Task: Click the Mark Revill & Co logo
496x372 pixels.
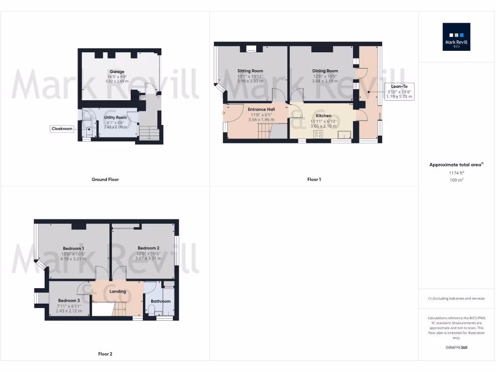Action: [456, 37]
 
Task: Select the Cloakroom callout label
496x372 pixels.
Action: [62, 129]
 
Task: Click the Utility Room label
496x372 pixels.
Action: [115, 118]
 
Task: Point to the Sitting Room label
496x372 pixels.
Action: [250, 71]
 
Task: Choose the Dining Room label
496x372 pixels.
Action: [325, 71]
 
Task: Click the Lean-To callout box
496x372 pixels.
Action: [399, 92]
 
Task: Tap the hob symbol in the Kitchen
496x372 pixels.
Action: [319, 134]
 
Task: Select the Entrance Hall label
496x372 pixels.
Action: [261, 109]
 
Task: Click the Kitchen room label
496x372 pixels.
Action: [324, 116]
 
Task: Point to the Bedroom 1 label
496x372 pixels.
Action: [73, 248]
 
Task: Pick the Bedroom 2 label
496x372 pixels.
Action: [148, 248]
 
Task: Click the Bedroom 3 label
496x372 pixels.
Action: [69, 301]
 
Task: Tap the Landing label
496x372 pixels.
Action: [118, 292]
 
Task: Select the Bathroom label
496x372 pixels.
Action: [160, 301]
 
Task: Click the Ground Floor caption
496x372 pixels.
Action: [105, 179]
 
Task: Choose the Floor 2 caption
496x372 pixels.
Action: [105, 354]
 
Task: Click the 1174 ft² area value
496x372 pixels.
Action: [457, 172]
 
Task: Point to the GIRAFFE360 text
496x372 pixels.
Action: [457, 347]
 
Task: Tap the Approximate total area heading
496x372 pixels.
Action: [456, 165]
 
